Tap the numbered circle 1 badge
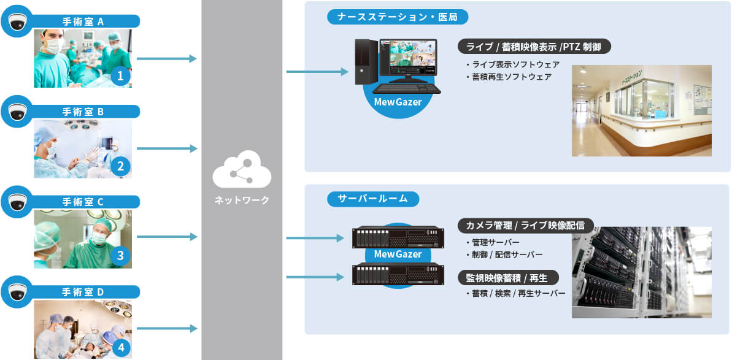(121, 76)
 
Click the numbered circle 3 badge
(121, 256)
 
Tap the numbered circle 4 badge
(121, 348)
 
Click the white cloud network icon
(242, 171)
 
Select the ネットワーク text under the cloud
(242, 200)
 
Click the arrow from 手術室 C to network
(166, 236)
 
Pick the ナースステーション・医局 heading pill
(398, 17)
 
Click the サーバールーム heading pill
(373, 199)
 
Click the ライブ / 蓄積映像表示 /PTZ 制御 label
(534, 47)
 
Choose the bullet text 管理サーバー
(495, 243)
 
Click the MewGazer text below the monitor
(398, 102)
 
